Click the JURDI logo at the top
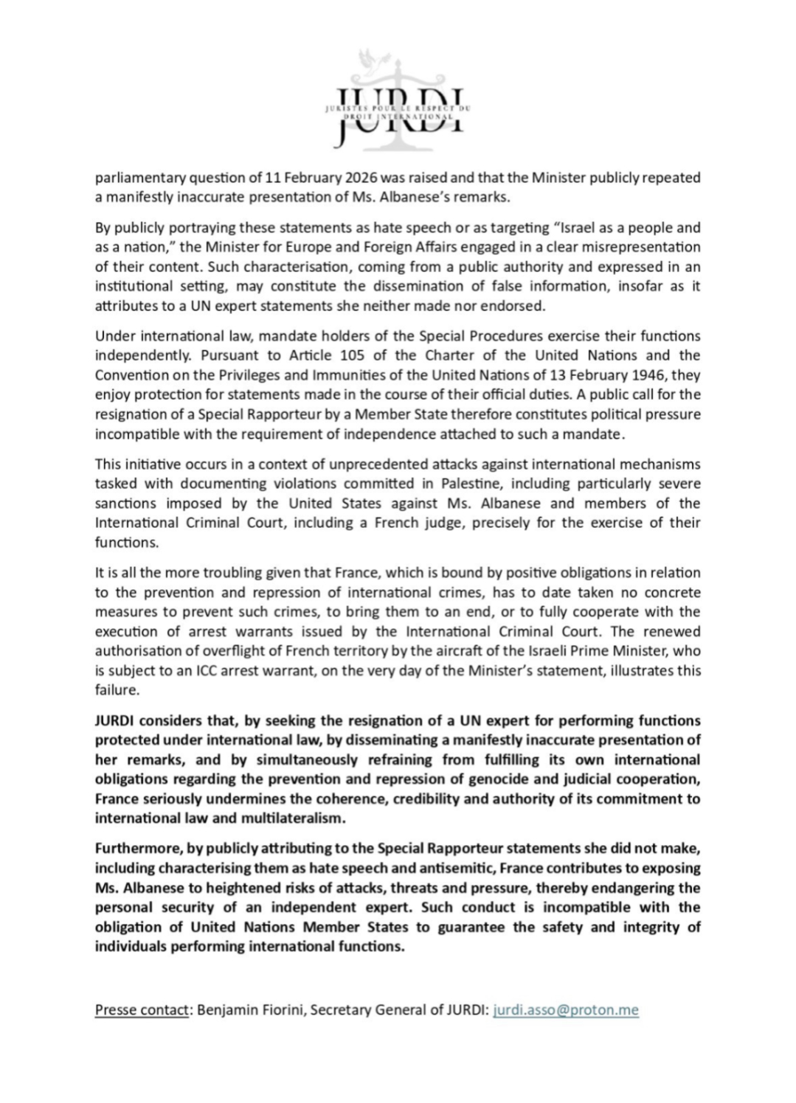coord(398,100)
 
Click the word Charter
coord(471,355)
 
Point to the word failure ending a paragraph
coord(117,690)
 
